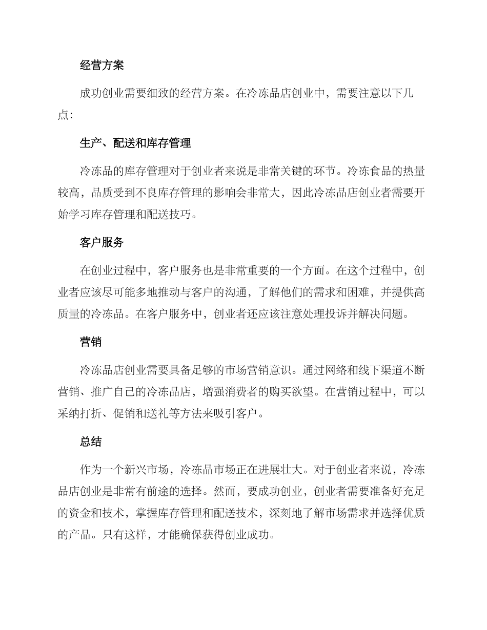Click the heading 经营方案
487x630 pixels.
tap(102, 65)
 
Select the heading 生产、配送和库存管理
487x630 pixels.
tap(135, 143)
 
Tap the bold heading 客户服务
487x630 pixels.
tap(102, 243)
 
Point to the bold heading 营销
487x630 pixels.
tap(91, 342)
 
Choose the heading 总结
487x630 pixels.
tap(91, 442)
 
